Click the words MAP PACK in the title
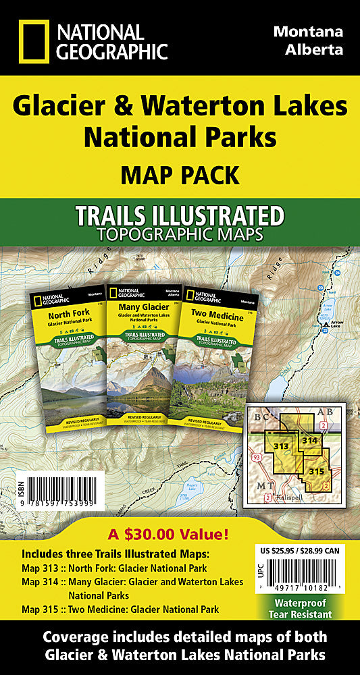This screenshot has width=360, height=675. (180, 175)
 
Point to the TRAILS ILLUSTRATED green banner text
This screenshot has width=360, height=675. (180, 216)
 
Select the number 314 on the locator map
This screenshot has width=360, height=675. (310, 440)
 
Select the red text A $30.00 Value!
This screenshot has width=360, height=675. (180, 516)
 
